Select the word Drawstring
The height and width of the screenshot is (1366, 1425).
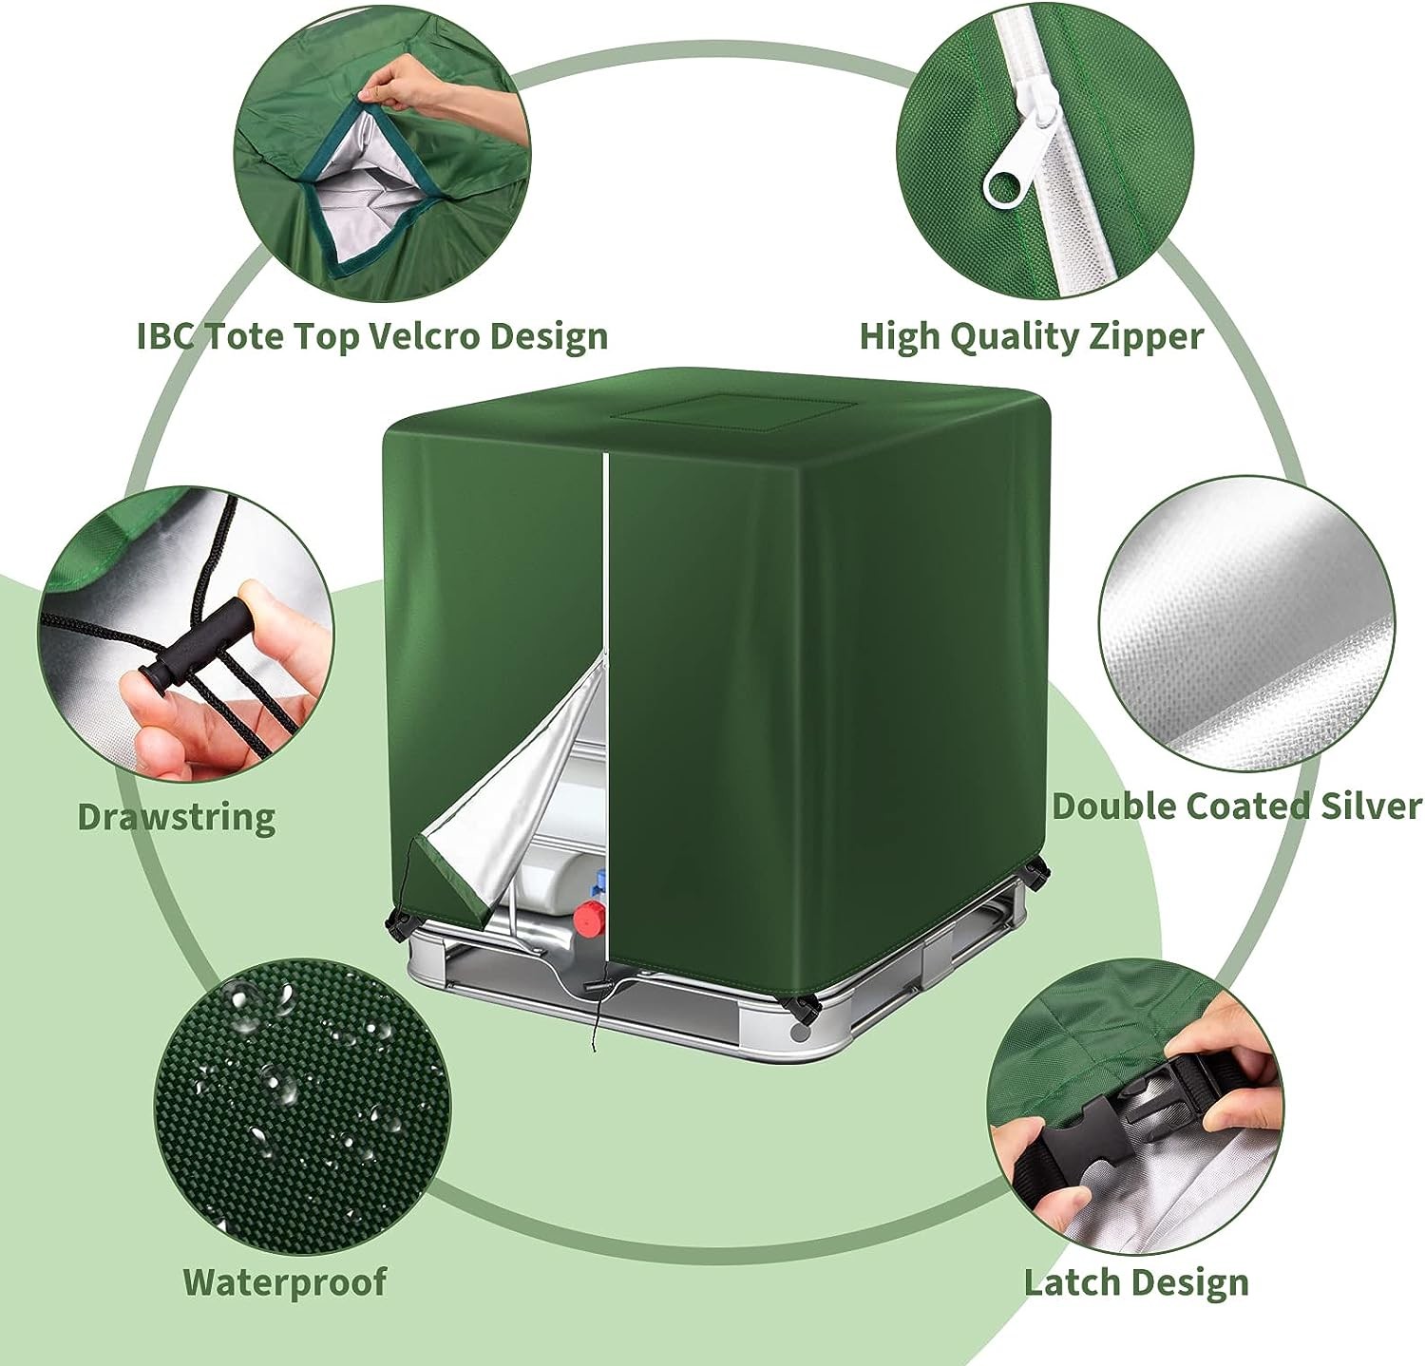pyautogui.click(x=177, y=817)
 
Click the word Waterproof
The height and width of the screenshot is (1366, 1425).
pyautogui.click(x=285, y=1281)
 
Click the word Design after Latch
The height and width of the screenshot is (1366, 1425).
pyautogui.click(x=1194, y=1283)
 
